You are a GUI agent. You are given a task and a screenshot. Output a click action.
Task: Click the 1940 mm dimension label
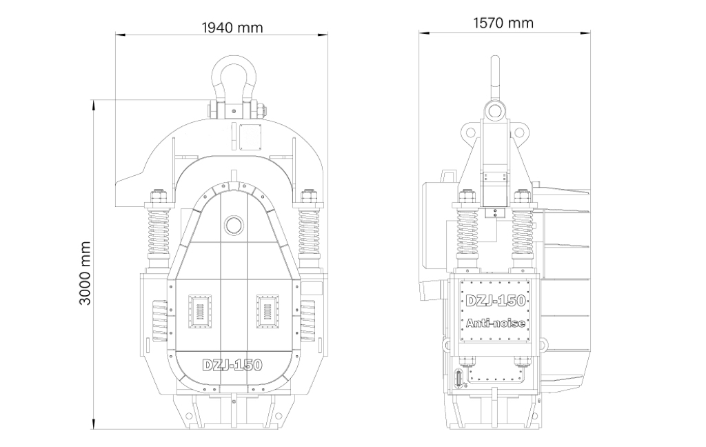232,28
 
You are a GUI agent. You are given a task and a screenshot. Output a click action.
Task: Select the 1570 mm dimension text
503,23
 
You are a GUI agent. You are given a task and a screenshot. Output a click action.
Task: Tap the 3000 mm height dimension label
85,273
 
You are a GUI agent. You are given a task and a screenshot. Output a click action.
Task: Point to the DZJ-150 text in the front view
232,364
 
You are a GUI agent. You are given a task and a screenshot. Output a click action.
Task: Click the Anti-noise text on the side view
495,323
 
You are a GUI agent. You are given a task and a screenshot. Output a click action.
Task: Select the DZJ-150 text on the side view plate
495,301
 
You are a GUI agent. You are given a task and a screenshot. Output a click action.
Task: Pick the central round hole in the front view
234,224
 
